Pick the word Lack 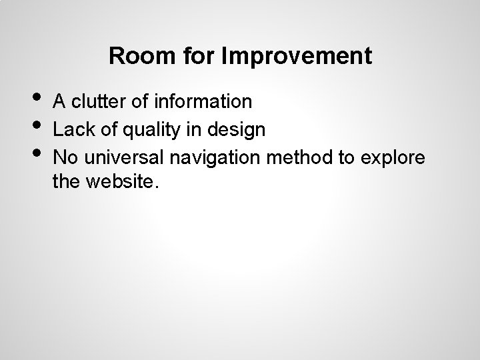pyautogui.click(x=70, y=130)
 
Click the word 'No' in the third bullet pyautogui.click(x=65, y=159)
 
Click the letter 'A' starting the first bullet pyautogui.click(x=59, y=101)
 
